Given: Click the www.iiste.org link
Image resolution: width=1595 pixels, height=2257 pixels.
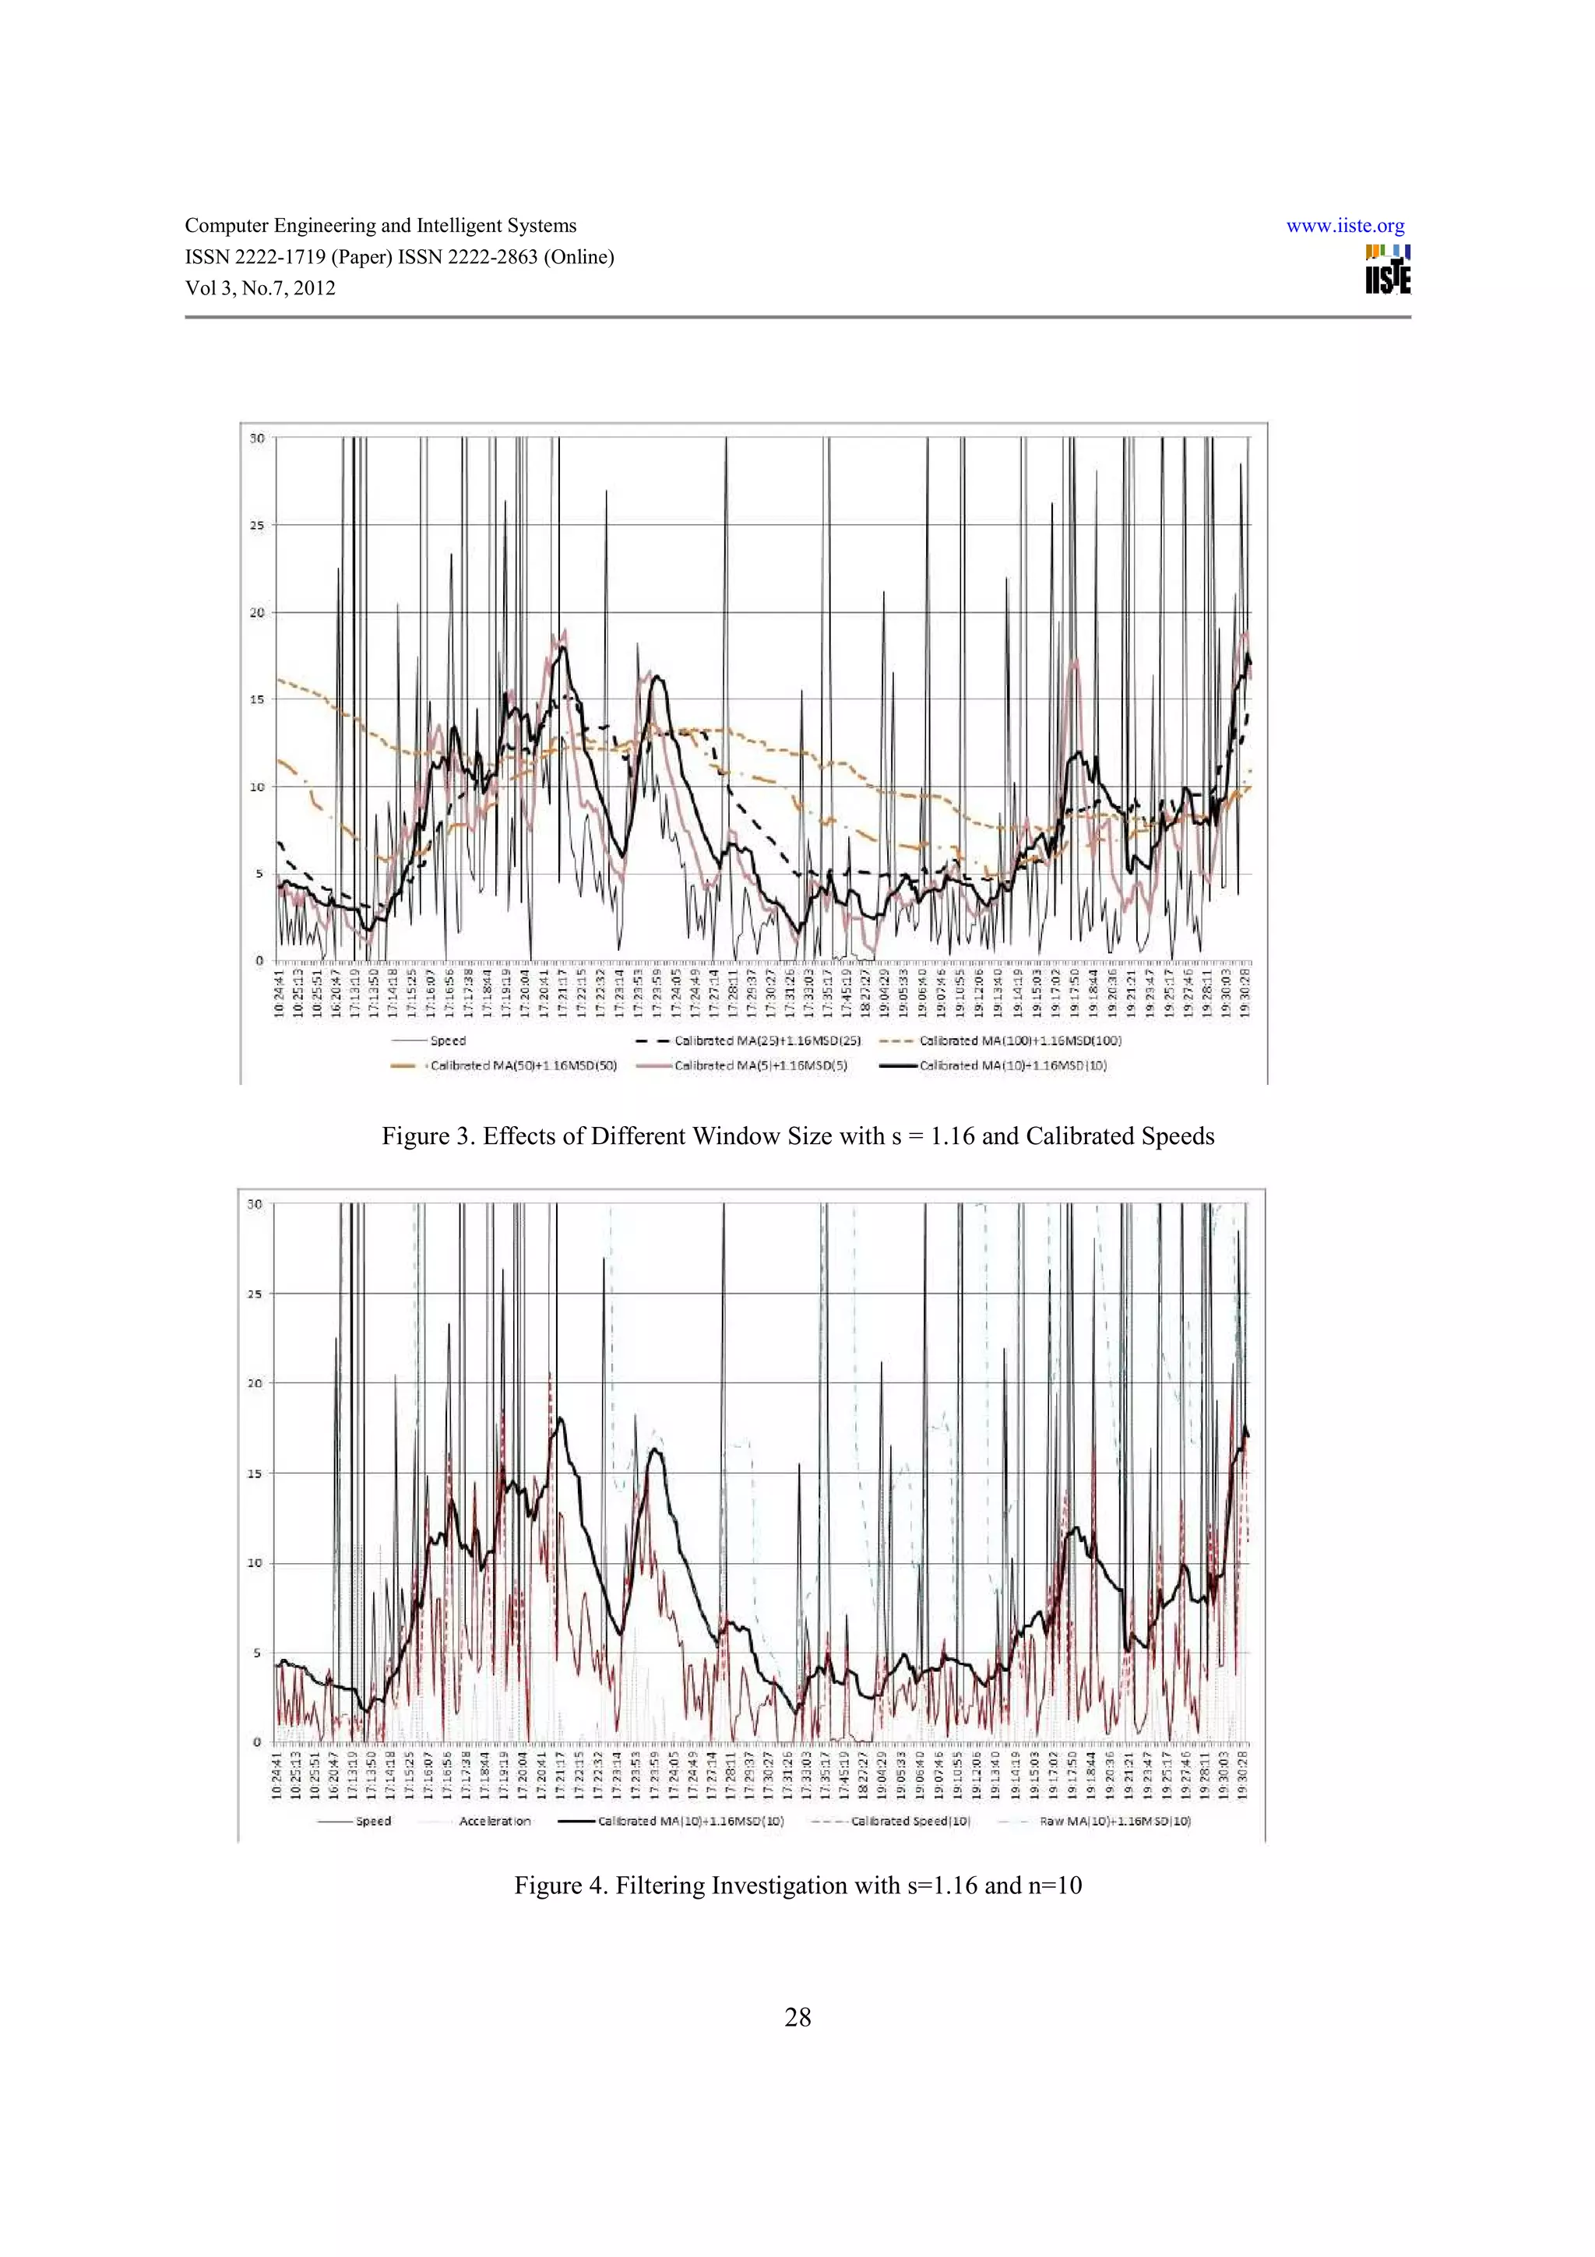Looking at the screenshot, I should (x=1344, y=226).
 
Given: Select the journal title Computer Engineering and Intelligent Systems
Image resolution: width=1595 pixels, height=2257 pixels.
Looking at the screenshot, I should (x=380, y=226).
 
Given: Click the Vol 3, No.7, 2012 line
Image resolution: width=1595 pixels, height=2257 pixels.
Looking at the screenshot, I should (x=260, y=288).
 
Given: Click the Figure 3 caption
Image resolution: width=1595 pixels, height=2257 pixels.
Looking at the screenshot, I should (x=797, y=1136).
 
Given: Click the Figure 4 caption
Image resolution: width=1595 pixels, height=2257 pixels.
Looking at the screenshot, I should (x=797, y=1886).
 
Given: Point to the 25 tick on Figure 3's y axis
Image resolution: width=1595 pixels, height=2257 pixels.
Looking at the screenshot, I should (x=256, y=526).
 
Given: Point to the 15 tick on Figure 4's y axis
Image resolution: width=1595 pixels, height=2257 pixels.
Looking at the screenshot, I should (x=255, y=1474).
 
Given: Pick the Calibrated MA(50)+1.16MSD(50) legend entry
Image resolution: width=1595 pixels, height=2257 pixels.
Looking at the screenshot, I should (x=523, y=1065).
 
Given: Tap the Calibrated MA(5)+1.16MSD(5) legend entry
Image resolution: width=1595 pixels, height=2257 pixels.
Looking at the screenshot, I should (x=759, y=1065).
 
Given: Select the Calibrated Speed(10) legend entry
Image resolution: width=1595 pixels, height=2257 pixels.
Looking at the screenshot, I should (x=910, y=1822).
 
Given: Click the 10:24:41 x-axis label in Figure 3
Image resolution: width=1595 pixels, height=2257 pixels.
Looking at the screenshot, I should (x=280, y=995).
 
